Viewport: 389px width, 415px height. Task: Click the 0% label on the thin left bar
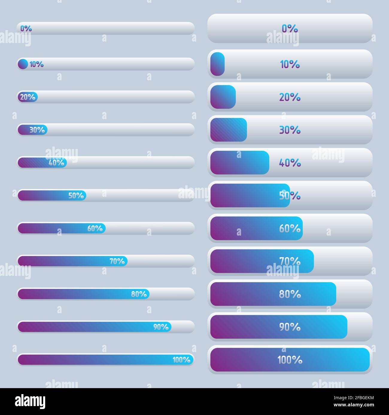click(26, 28)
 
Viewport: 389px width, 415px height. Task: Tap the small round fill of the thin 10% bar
click(23, 64)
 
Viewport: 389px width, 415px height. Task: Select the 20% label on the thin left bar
click(28, 97)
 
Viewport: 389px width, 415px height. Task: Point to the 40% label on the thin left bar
click(56, 163)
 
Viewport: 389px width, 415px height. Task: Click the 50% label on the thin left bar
click(76, 196)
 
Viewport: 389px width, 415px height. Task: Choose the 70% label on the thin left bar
click(117, 261)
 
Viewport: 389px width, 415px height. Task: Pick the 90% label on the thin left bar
click(161, 327)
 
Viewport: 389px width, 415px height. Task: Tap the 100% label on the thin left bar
click(181, 360)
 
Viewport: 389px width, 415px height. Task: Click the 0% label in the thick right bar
click(290, 28)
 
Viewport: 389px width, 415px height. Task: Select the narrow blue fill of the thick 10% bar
click(217, 64)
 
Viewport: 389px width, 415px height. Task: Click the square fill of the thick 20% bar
click(223, 97)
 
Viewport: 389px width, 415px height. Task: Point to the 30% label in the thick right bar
click(290, 130)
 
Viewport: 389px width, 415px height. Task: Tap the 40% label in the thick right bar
click(290, 163)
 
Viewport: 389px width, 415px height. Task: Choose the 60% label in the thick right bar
click(290, 228)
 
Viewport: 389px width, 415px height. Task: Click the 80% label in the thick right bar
click(290, 294)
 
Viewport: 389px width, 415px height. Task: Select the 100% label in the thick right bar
click(290, 360)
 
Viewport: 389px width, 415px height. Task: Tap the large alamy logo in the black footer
click(30, 402)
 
